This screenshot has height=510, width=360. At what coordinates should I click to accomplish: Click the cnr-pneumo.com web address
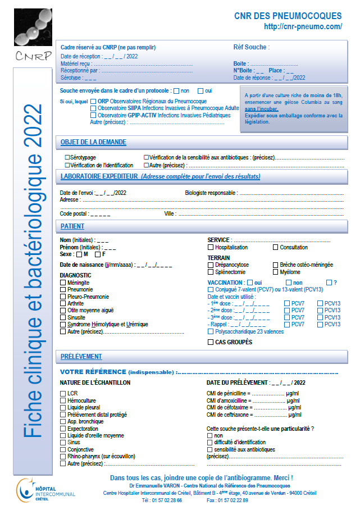pyautogui.click(x=303, y=26)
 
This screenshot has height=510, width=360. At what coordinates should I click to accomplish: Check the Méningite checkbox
pyautogui.click(x=63, y=283)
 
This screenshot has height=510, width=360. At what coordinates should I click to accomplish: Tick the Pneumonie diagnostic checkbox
pyautogui.click(x=63, y=289)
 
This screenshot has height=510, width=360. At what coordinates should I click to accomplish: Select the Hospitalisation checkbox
pyautogui.click(x=211, y=247)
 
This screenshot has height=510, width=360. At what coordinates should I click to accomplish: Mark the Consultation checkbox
pyautogui.click(x=275, y=247)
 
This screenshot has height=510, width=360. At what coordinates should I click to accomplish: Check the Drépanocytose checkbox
pyautogui.click(x=211, y=265)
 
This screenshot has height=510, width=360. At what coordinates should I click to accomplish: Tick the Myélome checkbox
pyautogui.click(x=275, y=272)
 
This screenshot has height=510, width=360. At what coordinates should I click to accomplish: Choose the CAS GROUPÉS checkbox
pyautogui.click(x=211, y=342)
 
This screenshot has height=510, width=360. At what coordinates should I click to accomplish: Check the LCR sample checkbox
pyautogui.click(x=63, y=393)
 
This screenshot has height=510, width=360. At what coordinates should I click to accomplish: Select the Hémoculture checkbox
pyautogui.click(x=63, y=400)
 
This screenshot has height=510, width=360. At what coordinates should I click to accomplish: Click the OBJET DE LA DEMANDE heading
pyautogui.click(x=93, y=142)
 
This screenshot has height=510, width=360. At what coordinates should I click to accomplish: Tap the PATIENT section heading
pyautogui.click(x=72, y=226)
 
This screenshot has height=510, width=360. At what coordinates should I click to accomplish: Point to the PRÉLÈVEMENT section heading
pyautogui.click(x=81, y=356)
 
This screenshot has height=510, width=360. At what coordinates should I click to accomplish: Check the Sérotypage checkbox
pyautogui.click(x=67, y=158)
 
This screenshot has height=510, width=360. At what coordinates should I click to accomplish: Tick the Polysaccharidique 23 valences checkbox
pyautogui.click(x=211, y=331)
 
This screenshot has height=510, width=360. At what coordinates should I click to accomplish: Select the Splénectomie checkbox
pyautogui.click(x=211, y=272)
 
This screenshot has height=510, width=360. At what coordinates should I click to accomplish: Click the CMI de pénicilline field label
pyautogui.click(x=226, y=393)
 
